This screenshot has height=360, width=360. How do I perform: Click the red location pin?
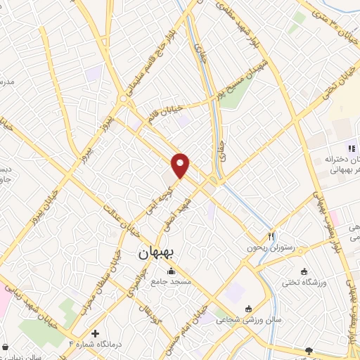[181, 165]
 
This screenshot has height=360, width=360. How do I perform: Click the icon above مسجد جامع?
[169, 271]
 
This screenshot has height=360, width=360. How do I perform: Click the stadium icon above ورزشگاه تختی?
[304, 272]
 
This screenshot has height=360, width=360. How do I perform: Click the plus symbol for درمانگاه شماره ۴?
[96, 333]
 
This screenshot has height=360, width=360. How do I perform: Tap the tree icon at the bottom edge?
[308, 350]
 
